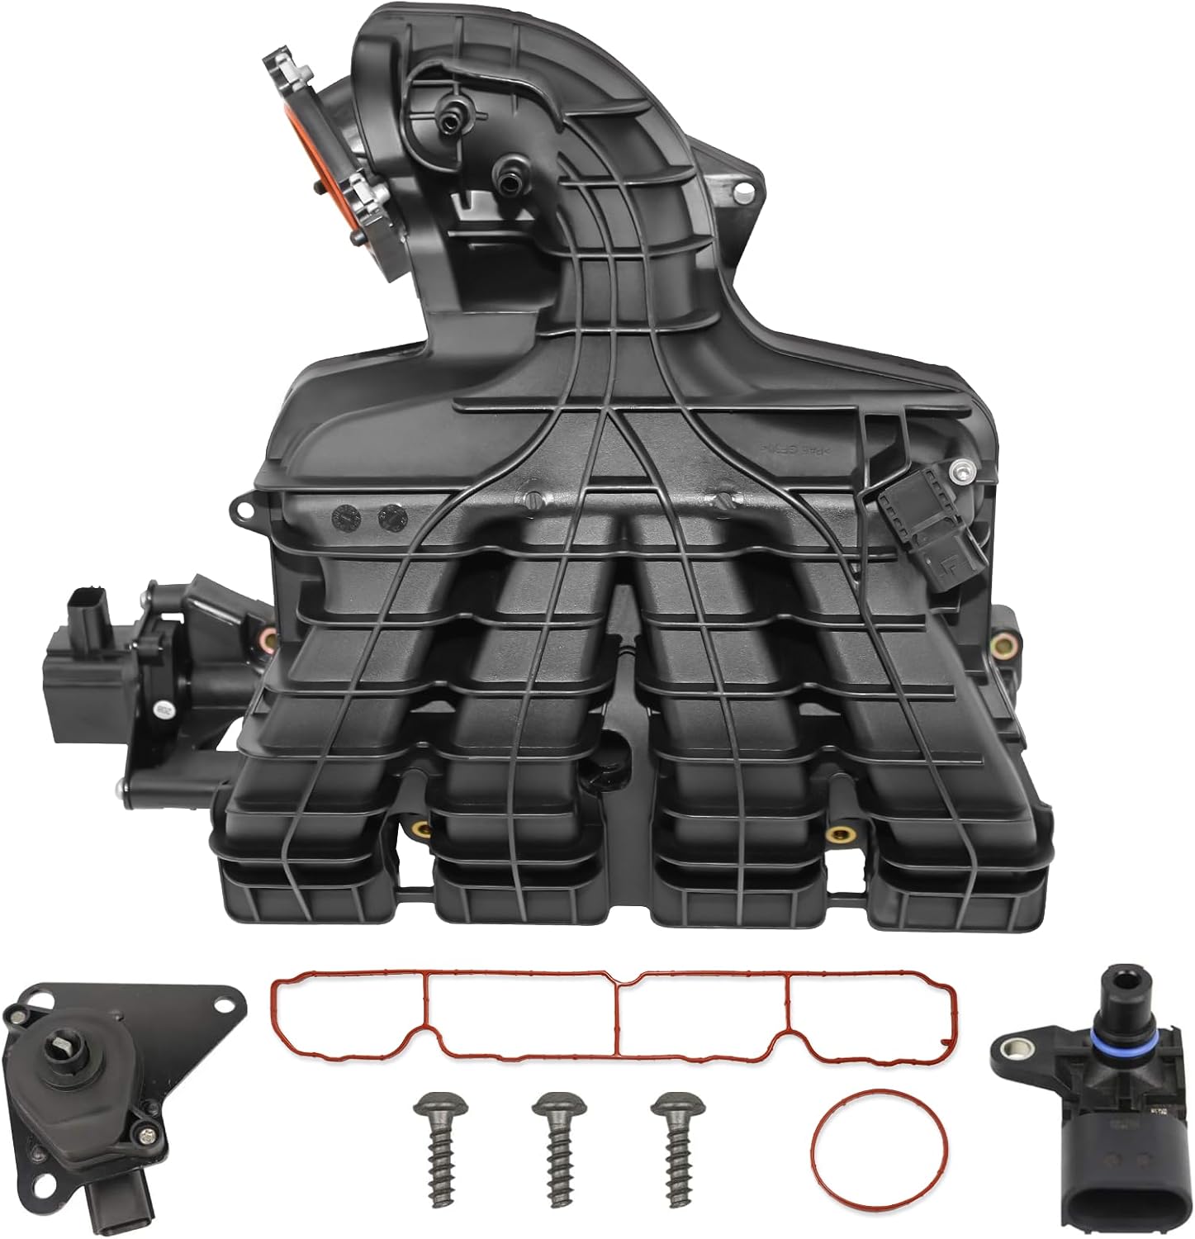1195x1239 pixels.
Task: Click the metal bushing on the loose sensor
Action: [x=1011, y=1051]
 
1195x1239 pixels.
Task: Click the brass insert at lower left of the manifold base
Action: [x=421, y=830]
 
